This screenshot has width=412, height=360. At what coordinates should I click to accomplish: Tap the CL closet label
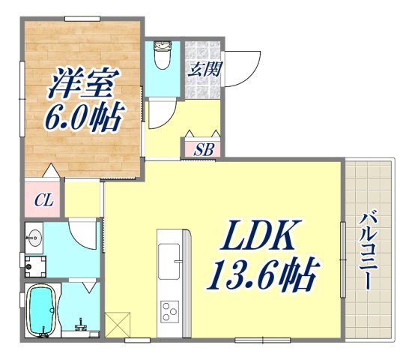click(43, 200)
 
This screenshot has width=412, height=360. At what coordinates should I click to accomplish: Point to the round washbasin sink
click(33, 238)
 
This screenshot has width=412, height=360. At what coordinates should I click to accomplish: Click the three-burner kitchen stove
click(171, 310)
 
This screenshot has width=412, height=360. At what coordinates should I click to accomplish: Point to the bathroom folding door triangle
click(88, 287)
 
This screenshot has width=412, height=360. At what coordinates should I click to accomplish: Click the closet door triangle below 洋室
click(49, 170)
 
